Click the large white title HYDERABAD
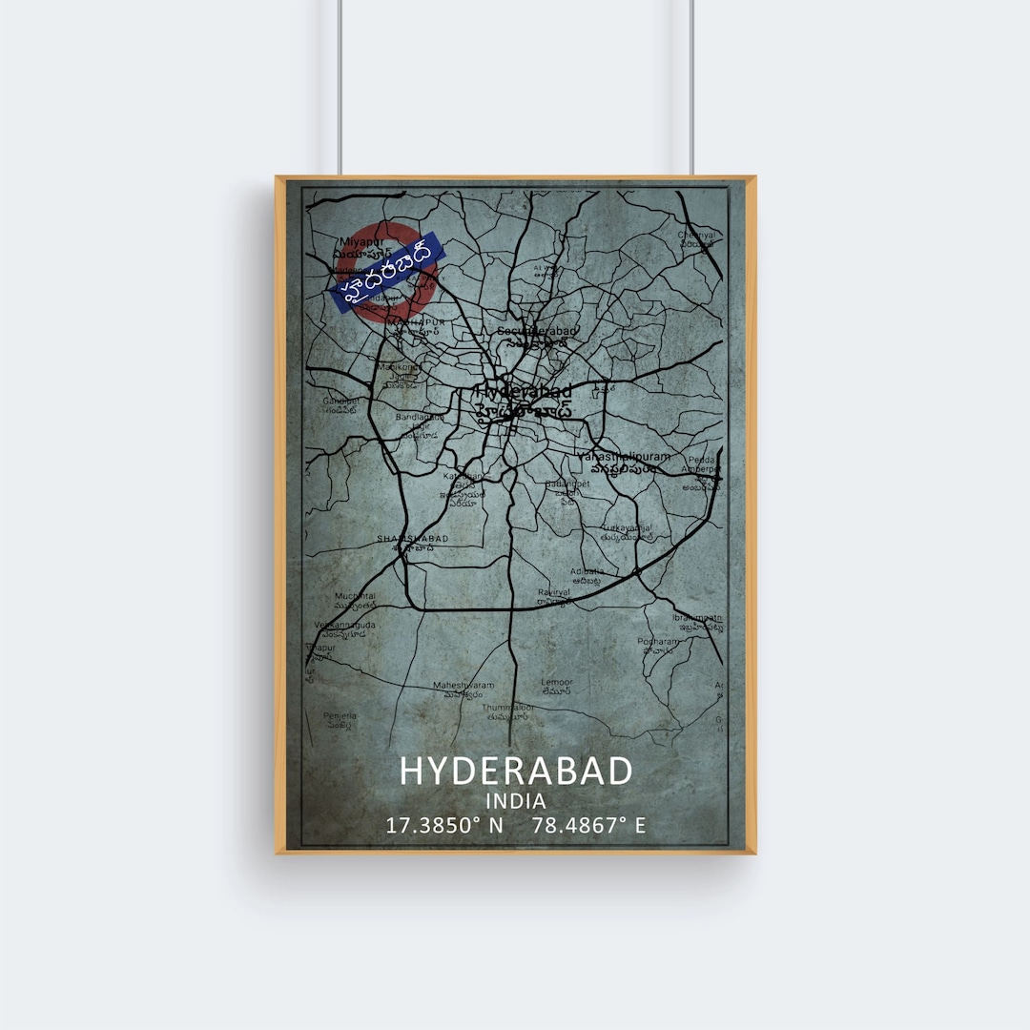[515, 771]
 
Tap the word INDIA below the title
[515, 801]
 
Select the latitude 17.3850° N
[443, 826]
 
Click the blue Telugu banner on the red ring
[387, 272]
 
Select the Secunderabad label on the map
[537, 331]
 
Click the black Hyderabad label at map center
[524, 391]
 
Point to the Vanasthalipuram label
[624, 457]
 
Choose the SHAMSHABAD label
[412, 539]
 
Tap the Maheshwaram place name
[463, 685]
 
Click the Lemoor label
[557, 682]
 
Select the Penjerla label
[340, 715]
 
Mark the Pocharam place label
[658, 642]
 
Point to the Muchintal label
[355, 596]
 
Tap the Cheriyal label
[695, 235]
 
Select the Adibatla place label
[587, 572]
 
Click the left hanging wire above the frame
[339, 86]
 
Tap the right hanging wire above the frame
[691, 86]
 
